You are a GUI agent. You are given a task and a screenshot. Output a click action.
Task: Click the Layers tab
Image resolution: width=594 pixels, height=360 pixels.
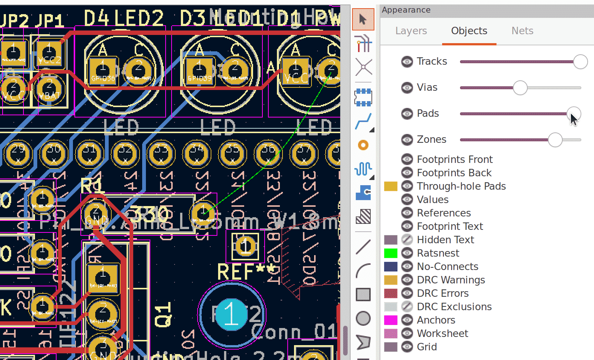[411, 31]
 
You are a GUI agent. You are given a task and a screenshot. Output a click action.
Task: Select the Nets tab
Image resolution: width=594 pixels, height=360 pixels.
[522, 31]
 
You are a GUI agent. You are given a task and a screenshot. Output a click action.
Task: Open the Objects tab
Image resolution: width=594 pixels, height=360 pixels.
[469, 31]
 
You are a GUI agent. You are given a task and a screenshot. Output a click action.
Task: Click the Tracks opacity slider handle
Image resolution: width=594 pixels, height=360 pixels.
[580, 62]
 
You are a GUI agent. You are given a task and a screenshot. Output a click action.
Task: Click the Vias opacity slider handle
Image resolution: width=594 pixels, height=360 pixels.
[520, 88]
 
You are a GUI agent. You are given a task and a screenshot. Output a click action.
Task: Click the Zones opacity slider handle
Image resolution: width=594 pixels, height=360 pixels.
[555, 140]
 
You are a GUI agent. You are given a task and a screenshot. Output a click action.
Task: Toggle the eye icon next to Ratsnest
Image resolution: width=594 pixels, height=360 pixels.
[407, 253]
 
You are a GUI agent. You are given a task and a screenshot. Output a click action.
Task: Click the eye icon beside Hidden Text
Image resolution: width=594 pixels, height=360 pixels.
[407, 240]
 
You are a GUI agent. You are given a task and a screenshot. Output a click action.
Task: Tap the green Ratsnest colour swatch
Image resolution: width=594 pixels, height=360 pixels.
[390, 253]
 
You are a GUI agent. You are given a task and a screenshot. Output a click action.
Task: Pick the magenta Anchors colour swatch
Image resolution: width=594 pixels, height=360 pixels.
[390, 320]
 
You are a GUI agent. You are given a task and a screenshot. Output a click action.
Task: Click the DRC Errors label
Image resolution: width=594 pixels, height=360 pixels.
[443, 293]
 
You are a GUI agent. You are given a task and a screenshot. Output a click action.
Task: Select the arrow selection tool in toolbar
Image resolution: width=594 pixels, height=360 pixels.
[363, 19]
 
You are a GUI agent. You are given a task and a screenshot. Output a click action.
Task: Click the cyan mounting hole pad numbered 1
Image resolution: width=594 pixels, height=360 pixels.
[231, 315]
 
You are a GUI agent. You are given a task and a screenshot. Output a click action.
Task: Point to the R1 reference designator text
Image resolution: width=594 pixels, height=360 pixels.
[92, 185]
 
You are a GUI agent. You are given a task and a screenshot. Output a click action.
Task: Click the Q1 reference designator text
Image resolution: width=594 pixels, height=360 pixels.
[163, 315]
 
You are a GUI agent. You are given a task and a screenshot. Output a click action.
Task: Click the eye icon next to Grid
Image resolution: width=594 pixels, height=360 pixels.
[407, 347]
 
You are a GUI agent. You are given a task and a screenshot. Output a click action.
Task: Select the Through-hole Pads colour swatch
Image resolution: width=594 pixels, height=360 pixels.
[390, 186]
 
